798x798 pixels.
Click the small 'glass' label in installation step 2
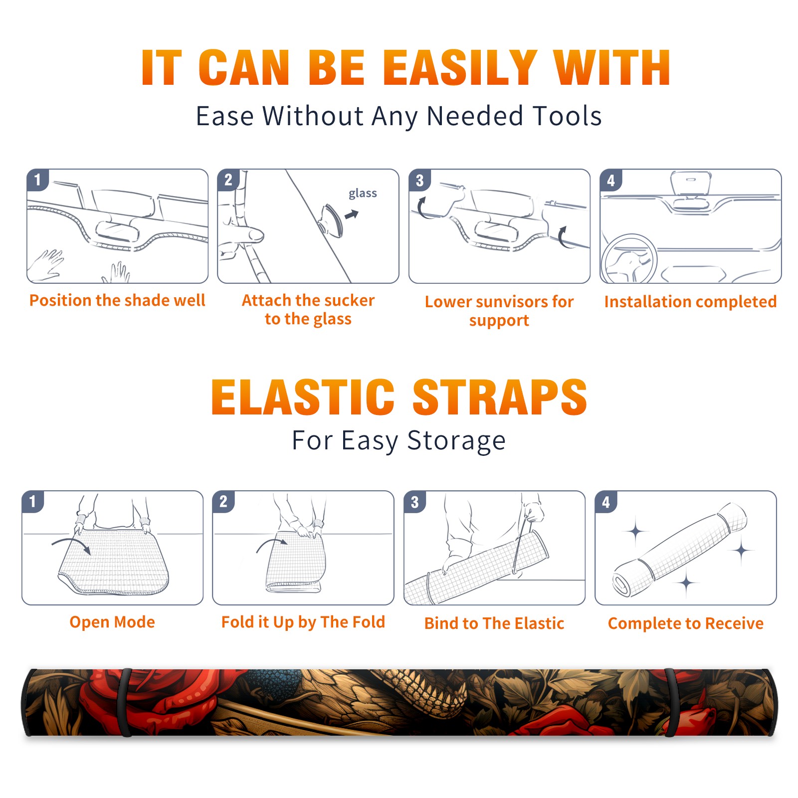pyautogui.click(x=363, y=193)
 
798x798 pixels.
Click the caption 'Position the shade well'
pyautogui.click(x=117, y=300)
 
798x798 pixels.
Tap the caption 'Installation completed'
pyautogui.click(x=690, y=301)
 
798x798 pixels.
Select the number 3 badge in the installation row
pyautogui.click(x=420, y=181)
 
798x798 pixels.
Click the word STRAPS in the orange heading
pyautogui.click(x=500, y=397)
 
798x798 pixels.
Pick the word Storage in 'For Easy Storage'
pyautogui.click(x=456, y=441)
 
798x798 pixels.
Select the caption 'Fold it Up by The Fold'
pyautogui.click(x=303, y=622)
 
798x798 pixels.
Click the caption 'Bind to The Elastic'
pyautogui.click(x=494, y=623)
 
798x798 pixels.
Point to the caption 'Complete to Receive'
pyautogui.click(x=686, y=623)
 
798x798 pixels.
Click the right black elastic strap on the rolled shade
pyautogui.click(x=670, y=703)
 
